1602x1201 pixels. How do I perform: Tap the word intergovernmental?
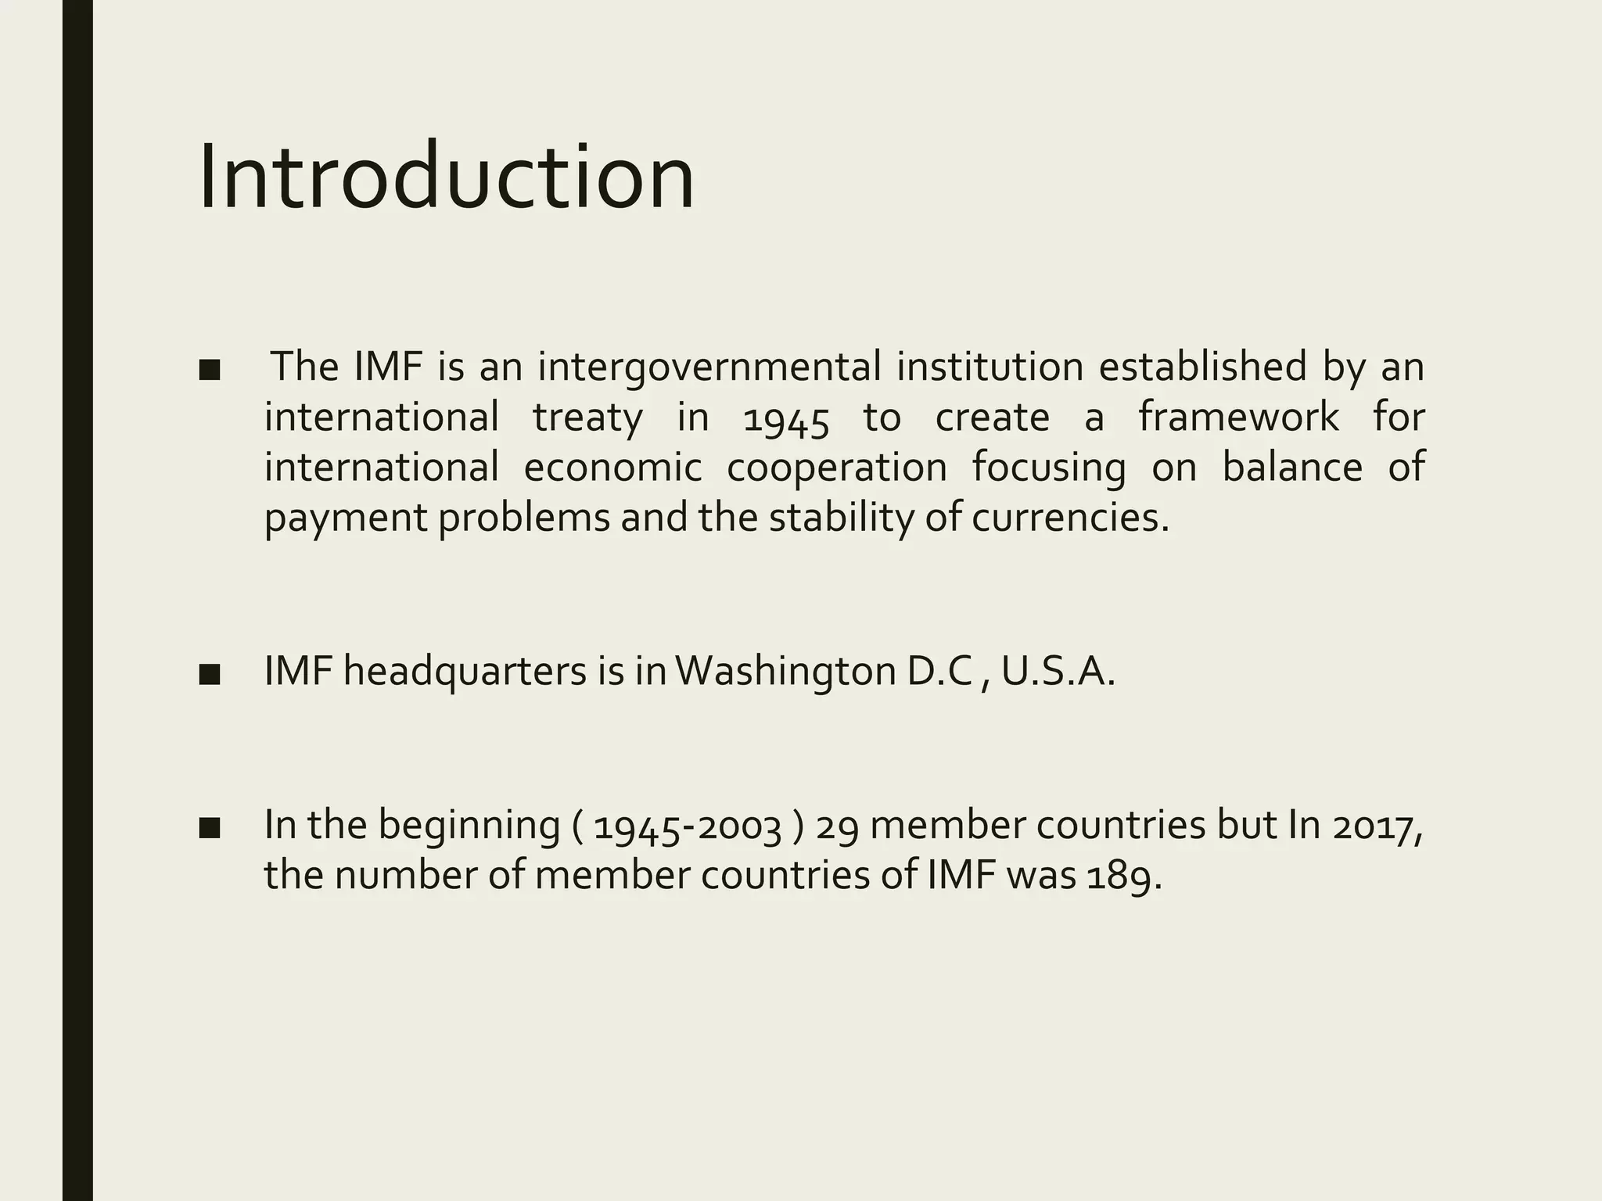click(709, 367)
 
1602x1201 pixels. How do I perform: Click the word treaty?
click(587, 417)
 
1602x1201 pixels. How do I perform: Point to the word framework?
click(1238, 417)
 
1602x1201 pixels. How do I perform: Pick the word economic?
click(612, 467)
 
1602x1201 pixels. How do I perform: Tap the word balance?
click(1292, 467)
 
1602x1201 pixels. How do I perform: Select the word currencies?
click(1070, 517)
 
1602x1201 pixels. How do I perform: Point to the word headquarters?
click(465, 672)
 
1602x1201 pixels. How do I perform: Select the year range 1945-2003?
click(688, 826)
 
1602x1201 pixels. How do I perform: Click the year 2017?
click(1377, 826)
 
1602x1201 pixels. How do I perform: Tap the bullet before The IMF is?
click(209, 369)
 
